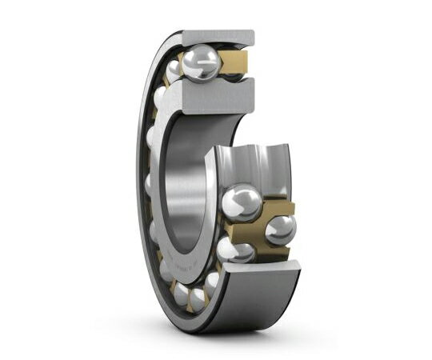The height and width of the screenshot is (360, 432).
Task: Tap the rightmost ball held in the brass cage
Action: [x=279, y=229]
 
